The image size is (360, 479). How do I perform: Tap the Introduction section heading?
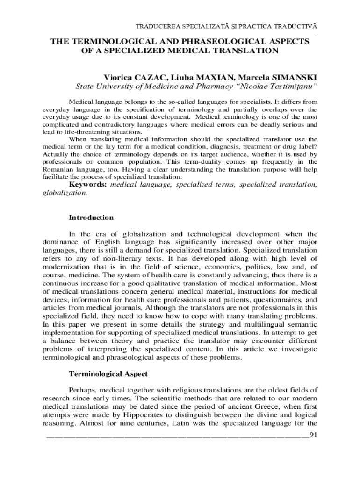click(x=91, y=218)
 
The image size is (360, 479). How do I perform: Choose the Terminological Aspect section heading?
click(x=108, y=374)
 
